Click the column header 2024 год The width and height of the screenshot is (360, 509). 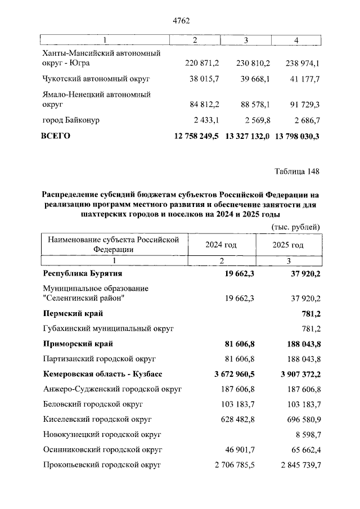[x=221, y=245]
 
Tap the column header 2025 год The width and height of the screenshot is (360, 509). [x=288, y=245]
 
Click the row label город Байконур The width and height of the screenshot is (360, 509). [x=73, y=120]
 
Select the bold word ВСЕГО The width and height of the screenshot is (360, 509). [x=56, y=136]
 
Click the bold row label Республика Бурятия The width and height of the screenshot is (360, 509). [x=83, y=273]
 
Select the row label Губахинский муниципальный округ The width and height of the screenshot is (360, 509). [x=109, y=327]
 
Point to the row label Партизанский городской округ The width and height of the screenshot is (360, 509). [x=99, y=358]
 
